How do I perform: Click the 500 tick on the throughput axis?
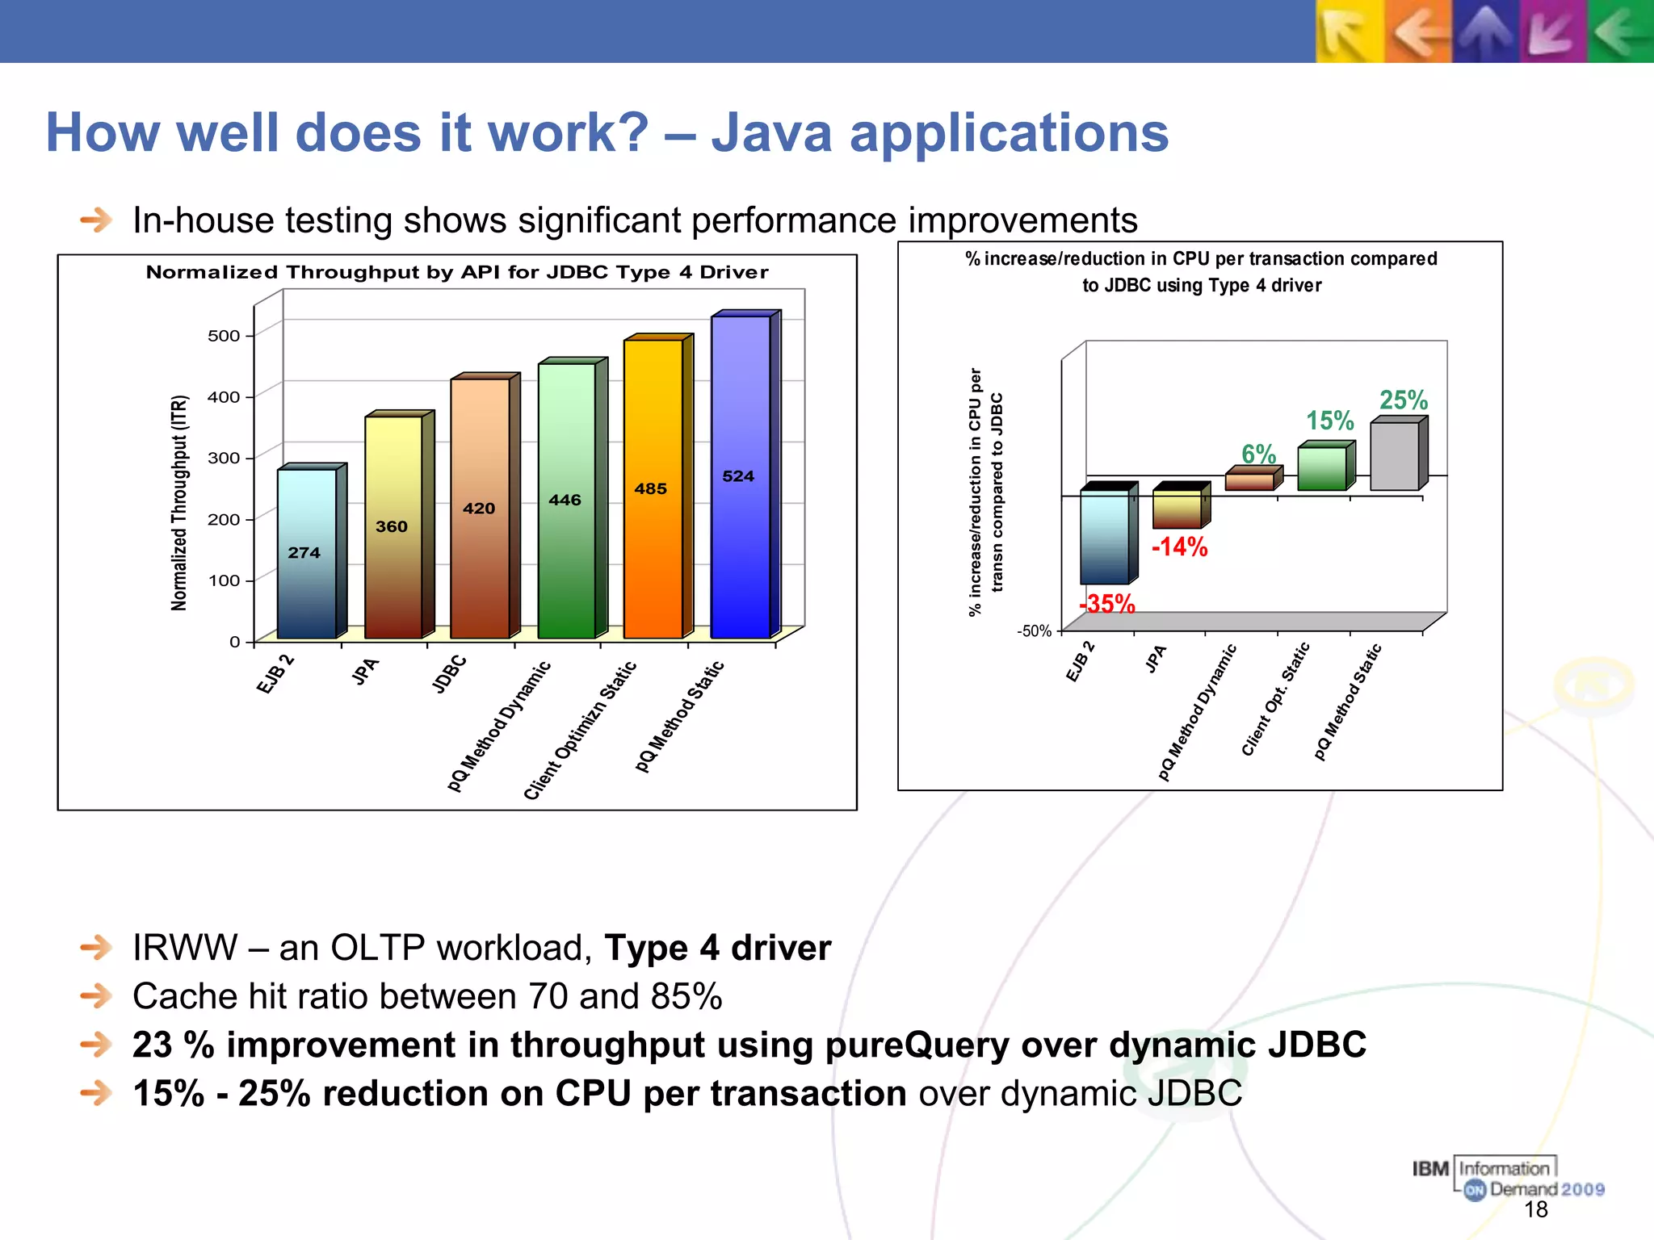(x=224, y=336)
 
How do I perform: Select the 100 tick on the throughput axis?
(x=224, y=580)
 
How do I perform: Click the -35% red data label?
(x=1107, y=604)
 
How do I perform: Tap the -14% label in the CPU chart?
(x=1179, y=547)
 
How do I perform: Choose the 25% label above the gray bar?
(x=1403, y=400)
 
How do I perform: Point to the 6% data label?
(x=1258, y=454)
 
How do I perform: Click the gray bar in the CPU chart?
(x=1395, y=456)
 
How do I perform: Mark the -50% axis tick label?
(x=1034, y=631)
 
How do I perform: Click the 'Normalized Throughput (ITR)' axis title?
(x=179, y=503)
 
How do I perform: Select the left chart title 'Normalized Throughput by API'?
(x=457, y=273)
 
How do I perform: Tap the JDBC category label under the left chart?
(x=450, y=674)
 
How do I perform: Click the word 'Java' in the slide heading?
(x=771, y=132)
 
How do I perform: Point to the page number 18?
(x=1535, y=1209)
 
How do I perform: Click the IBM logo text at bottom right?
(x=1430, y=1169)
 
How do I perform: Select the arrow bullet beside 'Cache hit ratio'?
(x=96, y=996)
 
